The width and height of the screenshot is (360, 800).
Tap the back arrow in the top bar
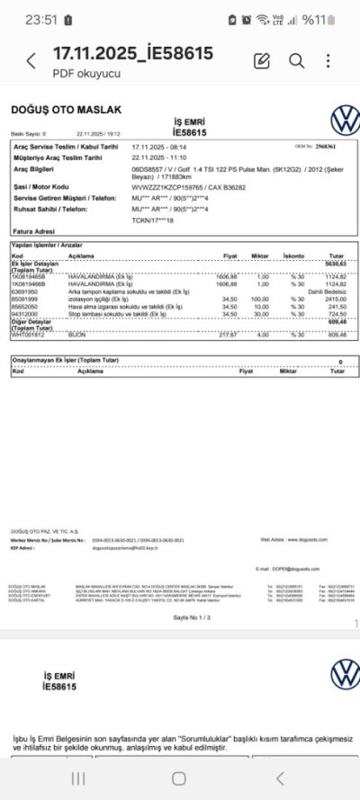click(x=31, y=61)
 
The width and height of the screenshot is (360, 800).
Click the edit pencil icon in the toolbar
click(x=262, y=60)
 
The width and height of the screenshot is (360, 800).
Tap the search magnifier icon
click(x=296, y=60)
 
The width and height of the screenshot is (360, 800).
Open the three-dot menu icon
click(x=328, y=60)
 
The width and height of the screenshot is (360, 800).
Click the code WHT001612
click(x=26, y=334)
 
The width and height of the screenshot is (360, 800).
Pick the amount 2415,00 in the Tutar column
click(x=334, y=299)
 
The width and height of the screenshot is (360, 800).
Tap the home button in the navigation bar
click(x=179, y=778)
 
